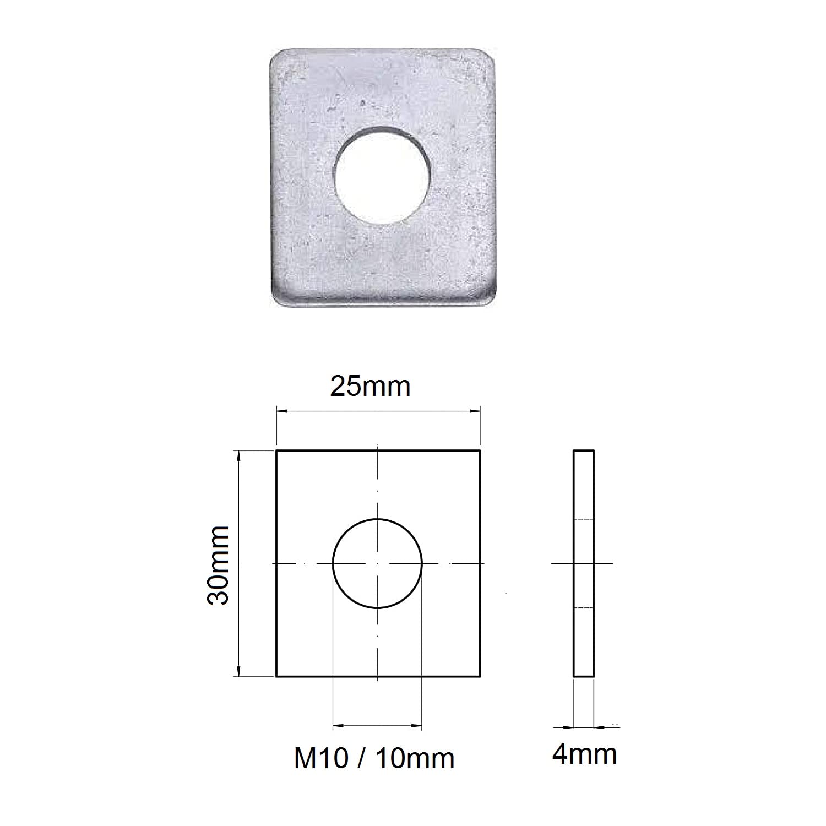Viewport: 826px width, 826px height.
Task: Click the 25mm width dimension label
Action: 370,387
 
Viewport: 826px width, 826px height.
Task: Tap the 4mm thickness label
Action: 584,754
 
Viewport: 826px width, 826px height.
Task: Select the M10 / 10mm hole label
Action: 374,758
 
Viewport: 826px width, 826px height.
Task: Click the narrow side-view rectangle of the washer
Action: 584,563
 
